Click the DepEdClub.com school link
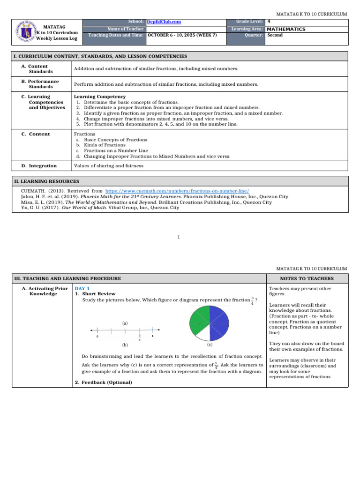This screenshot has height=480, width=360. point(164,22)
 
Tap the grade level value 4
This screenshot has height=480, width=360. point(268,22)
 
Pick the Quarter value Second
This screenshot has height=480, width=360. point(275,35)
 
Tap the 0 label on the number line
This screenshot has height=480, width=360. point(97,337)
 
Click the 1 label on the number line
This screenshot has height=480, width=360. point(153,336)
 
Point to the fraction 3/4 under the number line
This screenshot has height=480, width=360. point(139,337)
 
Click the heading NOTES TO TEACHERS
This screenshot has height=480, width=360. point(307,278)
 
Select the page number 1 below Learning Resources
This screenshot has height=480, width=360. point(179,237)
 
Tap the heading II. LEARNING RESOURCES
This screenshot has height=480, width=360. point(46,181)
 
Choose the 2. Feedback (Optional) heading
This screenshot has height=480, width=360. point(104,382)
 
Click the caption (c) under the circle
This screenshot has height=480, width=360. point(210,345)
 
